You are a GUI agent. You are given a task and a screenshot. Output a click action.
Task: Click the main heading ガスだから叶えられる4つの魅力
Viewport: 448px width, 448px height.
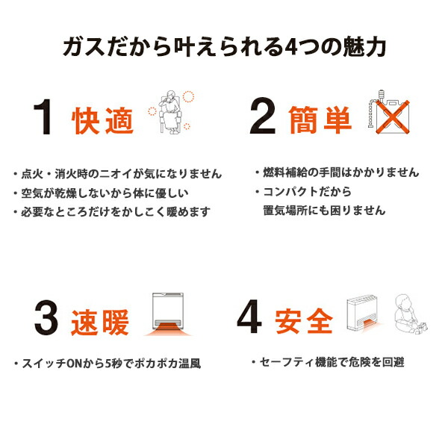click(x=225, y=46)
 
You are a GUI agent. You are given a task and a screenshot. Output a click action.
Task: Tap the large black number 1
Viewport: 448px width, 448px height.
click(x=43, y=117)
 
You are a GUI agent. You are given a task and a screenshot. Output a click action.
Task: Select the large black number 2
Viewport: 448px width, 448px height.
click(x=263, y=116)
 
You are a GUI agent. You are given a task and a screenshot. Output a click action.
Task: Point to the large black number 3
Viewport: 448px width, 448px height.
click(x=46, y=318)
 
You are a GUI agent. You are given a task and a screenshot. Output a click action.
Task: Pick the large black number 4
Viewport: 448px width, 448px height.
click(x=249, y=317)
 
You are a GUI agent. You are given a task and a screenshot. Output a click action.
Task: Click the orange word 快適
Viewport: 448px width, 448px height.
click(x=102, y=121)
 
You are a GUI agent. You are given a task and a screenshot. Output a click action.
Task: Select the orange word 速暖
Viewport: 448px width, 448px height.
click(x=100, y=323)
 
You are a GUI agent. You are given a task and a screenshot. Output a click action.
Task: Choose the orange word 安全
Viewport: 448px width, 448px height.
click(x=304, y=321)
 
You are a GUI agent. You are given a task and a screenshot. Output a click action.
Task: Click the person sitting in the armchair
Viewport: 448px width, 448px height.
click(x=170, y=112)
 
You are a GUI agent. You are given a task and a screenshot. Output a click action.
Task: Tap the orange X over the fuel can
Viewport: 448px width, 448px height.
click(x=393, y=117)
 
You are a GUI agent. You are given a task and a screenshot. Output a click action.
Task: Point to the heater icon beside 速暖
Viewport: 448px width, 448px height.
click(x=168, y=314)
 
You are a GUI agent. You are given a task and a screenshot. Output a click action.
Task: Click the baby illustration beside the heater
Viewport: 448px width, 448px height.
click(x=410, y=314)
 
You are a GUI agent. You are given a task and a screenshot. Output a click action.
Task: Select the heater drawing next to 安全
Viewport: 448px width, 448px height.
click(x=364, y=314)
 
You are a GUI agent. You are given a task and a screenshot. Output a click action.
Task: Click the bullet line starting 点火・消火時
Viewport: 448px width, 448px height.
click(x=118, y=174)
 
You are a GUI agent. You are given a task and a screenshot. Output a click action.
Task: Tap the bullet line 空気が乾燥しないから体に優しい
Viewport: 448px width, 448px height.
click(x=101, y=193)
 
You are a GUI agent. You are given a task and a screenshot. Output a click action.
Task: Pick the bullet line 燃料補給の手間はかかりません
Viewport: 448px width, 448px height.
click(x=337, y=172)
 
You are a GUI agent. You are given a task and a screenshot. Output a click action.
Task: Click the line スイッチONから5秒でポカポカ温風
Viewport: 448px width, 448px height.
click(x=108, y=364)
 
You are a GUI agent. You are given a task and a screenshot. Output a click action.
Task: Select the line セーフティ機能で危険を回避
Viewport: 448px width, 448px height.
click(x=328, y=362)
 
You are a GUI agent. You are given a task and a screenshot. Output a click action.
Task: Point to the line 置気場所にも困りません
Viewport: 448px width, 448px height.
click(x=324, y=211)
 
